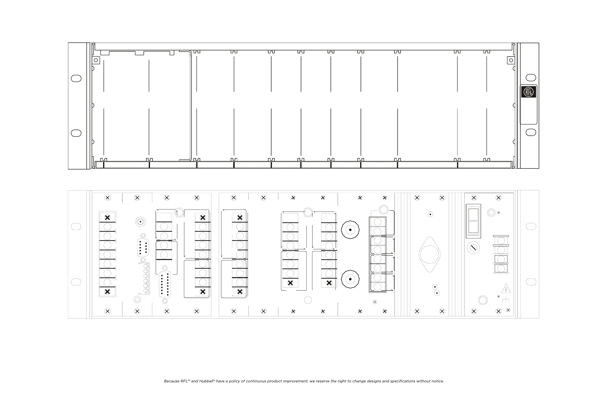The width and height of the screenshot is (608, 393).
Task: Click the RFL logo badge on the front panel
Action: [x=528, y=92]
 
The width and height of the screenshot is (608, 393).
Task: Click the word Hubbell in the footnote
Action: [x=206, y=381]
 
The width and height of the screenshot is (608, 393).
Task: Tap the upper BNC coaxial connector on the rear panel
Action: [x=350, y=230]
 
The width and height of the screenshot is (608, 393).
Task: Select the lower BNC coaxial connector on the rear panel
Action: [x=350, y=279]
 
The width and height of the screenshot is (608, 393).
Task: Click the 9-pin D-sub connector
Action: [x=143, y=247]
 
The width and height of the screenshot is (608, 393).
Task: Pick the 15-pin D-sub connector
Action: [x=165, y=284]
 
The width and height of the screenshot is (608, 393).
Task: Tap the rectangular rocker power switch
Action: [x=473, y=221]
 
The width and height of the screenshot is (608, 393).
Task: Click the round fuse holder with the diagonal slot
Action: [x=473, y=248]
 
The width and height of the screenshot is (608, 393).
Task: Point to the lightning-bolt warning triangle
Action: [x=506, y=289]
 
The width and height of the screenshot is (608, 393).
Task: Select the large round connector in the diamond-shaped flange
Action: [x=429, y=254]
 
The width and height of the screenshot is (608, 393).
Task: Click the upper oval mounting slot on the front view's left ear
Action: [x=76, y=78]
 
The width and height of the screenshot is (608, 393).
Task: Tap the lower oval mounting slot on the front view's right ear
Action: [x=531, y=132]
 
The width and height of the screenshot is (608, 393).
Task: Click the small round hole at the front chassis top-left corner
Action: [x=96, y=60]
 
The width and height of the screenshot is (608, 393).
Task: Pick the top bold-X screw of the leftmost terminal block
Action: [x=107, y=217]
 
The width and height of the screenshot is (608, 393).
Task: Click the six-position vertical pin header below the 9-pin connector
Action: [x=146, y=278]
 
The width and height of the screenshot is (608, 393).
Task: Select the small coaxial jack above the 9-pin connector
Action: [x=140, y=222]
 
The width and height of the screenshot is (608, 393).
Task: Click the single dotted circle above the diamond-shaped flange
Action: [x=430, y=214]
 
